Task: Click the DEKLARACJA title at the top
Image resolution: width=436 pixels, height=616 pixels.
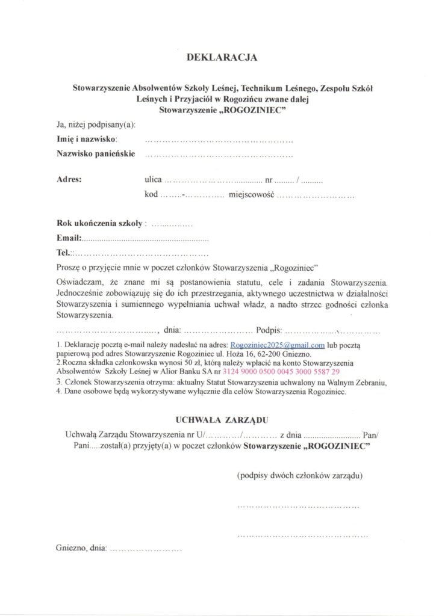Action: (222, 58)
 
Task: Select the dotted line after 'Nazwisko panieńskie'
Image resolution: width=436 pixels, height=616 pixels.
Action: (219, 155)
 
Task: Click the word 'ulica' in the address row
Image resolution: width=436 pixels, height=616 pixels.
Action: (153, 179)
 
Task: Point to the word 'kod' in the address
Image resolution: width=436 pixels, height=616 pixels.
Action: (151, 195)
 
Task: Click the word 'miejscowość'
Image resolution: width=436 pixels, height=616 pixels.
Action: (252, 195)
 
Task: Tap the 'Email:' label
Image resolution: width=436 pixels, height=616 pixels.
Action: (69, 239)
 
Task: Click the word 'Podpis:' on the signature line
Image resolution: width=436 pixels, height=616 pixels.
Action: (269, 330)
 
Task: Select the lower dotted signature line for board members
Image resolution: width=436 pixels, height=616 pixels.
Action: (303, 534)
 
